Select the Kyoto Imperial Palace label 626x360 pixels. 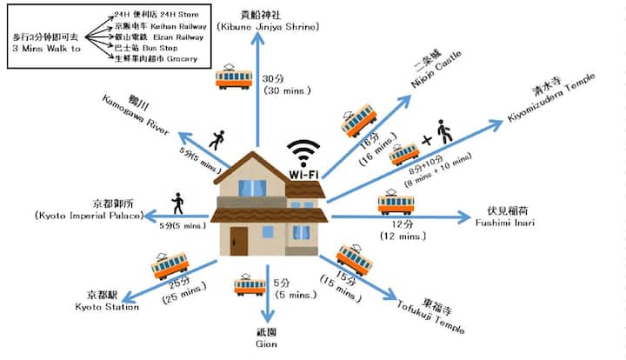[x=88, y=209]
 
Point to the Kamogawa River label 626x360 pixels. [x=135, y=111]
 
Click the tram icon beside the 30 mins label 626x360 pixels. [x=234, y=77]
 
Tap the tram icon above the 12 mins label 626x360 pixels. [x=396, y=204]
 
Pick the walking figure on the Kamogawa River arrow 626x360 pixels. [x=216, y=138]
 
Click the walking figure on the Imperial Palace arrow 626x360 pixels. [x=177, y=203]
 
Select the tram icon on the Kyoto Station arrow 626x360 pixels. [x=170, y=265]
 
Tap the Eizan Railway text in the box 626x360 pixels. [x=183, y=37]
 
